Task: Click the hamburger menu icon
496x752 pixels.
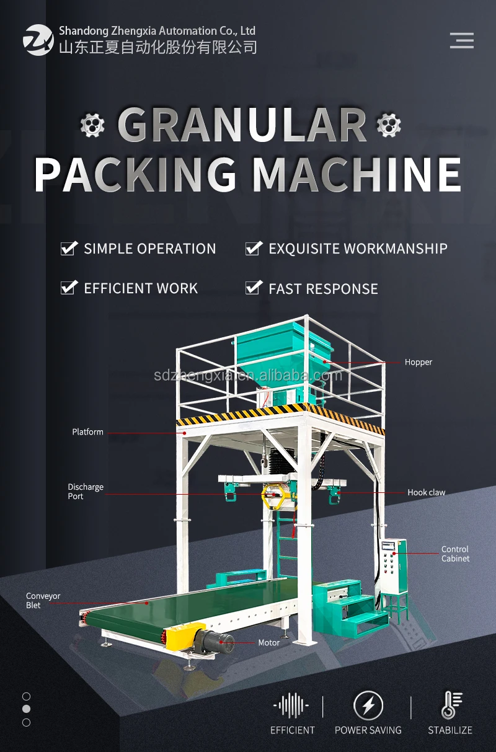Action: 462,40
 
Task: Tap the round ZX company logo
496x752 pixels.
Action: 38,40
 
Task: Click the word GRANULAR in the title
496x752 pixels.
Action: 242,125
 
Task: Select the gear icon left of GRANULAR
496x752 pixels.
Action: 92,125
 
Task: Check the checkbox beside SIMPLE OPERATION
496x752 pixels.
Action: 69,249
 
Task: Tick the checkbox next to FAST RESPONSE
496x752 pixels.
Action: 254,288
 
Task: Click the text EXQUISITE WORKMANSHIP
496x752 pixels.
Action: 358,249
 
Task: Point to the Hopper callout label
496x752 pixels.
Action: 418,362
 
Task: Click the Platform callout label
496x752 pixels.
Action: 87,432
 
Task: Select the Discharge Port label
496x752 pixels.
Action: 86,492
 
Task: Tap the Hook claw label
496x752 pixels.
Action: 427,492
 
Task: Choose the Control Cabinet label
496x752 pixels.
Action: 455,554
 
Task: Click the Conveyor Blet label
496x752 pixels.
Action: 43,601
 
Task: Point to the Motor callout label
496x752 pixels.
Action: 269,642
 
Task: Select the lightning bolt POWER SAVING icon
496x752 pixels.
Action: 368,705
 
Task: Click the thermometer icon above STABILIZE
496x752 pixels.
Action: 451,705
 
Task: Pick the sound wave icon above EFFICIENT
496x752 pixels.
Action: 291,706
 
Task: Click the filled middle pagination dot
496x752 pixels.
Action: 26,709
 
